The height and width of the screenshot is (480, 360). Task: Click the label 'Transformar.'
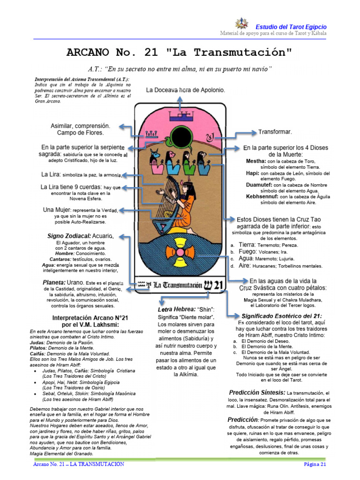click(x=275, y=132)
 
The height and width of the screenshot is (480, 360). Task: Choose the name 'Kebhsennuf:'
click(x=263, y=196)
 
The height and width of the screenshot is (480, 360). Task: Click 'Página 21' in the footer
click(x=315, y=464)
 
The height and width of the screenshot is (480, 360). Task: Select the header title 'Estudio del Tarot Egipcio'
click(x=291, y=27)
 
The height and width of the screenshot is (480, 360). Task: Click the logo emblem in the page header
click(x=241, y=25)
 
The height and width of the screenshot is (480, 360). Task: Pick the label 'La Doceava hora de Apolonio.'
click(x=185, y=90)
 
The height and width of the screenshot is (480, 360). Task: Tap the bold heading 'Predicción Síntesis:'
click(x=257, y=392)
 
